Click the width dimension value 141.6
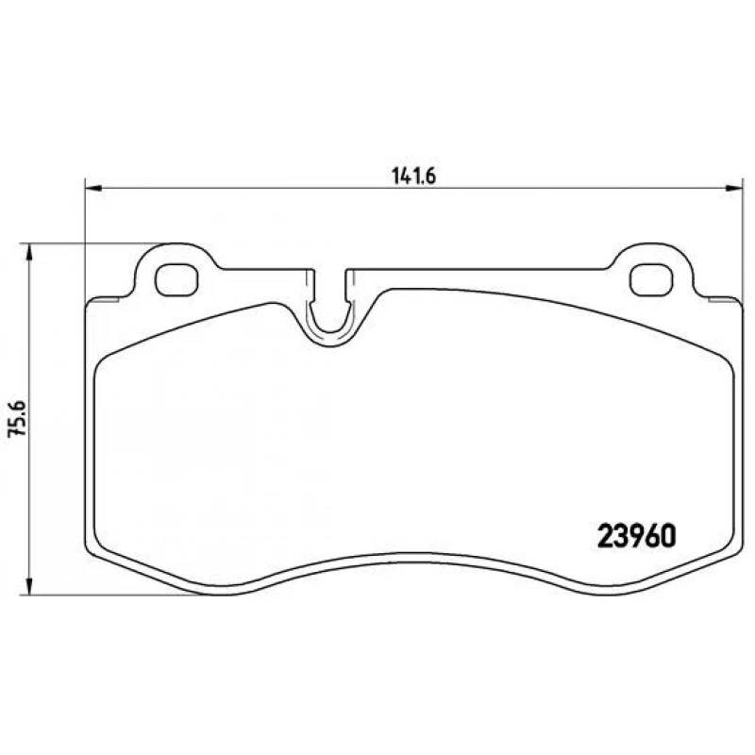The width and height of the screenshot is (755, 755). click(411, 175)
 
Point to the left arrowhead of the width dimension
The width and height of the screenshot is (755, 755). click(92, 187)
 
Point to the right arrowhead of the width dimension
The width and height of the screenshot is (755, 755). click(736, 187)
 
